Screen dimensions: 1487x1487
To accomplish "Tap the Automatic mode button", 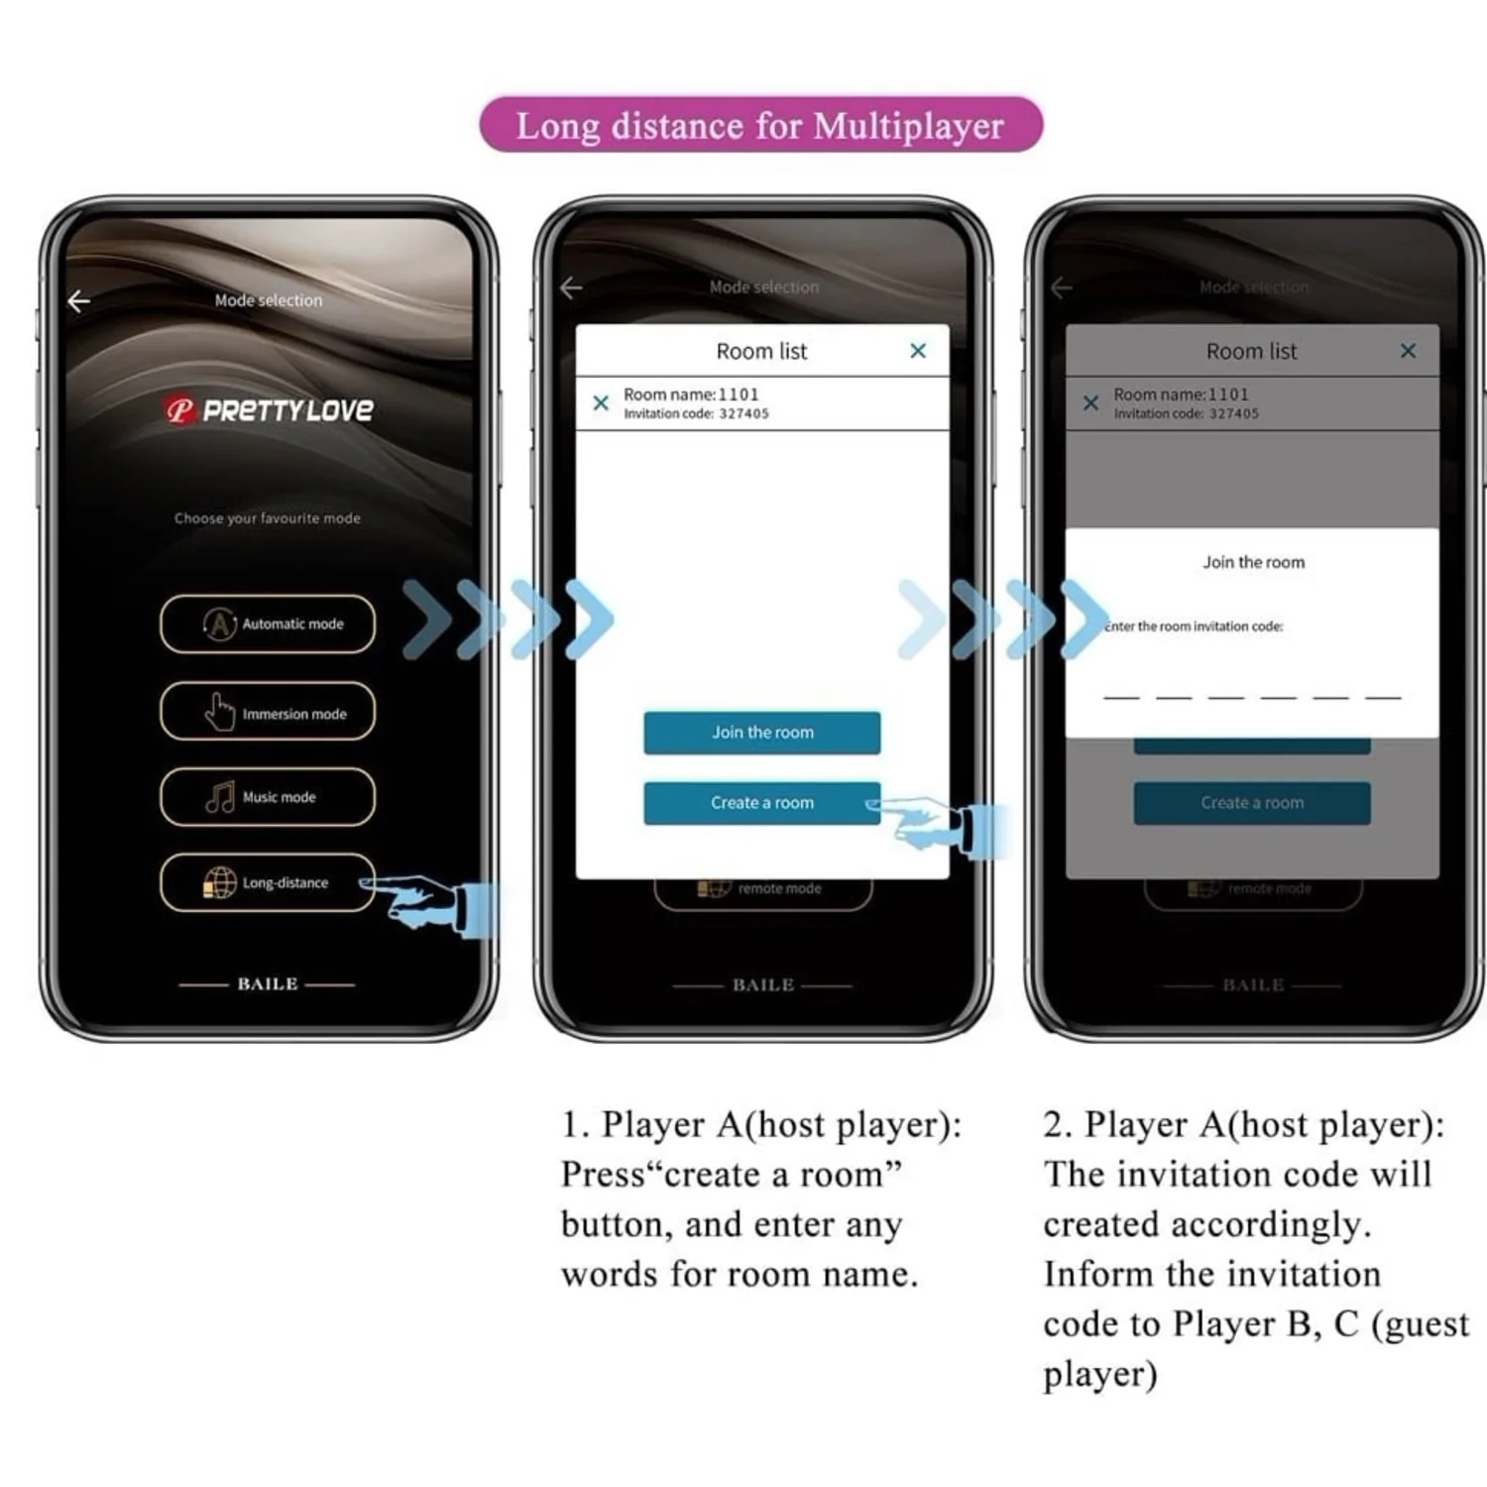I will (x=268, y=624).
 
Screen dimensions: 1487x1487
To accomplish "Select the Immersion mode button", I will (x=268, y=712).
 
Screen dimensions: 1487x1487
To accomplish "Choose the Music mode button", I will (x=268, y=797).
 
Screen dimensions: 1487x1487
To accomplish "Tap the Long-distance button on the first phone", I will (x=268, y=882).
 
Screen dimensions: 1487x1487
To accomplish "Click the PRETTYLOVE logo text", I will (x=287, y=410).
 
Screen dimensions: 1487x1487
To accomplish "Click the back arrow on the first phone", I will (x=79, y=300).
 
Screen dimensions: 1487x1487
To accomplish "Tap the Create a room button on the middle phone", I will (x=761, y=803).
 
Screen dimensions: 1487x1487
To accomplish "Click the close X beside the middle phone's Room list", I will (x=918, y=351).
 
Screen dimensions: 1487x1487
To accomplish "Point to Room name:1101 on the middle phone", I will (x=691, y=395).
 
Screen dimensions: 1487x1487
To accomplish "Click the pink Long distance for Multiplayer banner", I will (x=760, y=125).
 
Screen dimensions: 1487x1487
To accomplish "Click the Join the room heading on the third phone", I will (x=1253, y=562).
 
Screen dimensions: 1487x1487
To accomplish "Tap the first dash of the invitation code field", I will (x=1121, y=697).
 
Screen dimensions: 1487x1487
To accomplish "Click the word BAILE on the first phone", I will (x=268, y=984).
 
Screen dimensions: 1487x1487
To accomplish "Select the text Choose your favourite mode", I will (x=268, y=518).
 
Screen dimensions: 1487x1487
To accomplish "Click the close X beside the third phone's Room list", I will (x=1408, y=351).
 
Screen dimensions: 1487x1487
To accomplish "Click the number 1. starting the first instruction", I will (x=575, y=1125).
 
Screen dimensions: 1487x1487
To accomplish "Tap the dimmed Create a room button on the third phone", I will (x=1252, y=803).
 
